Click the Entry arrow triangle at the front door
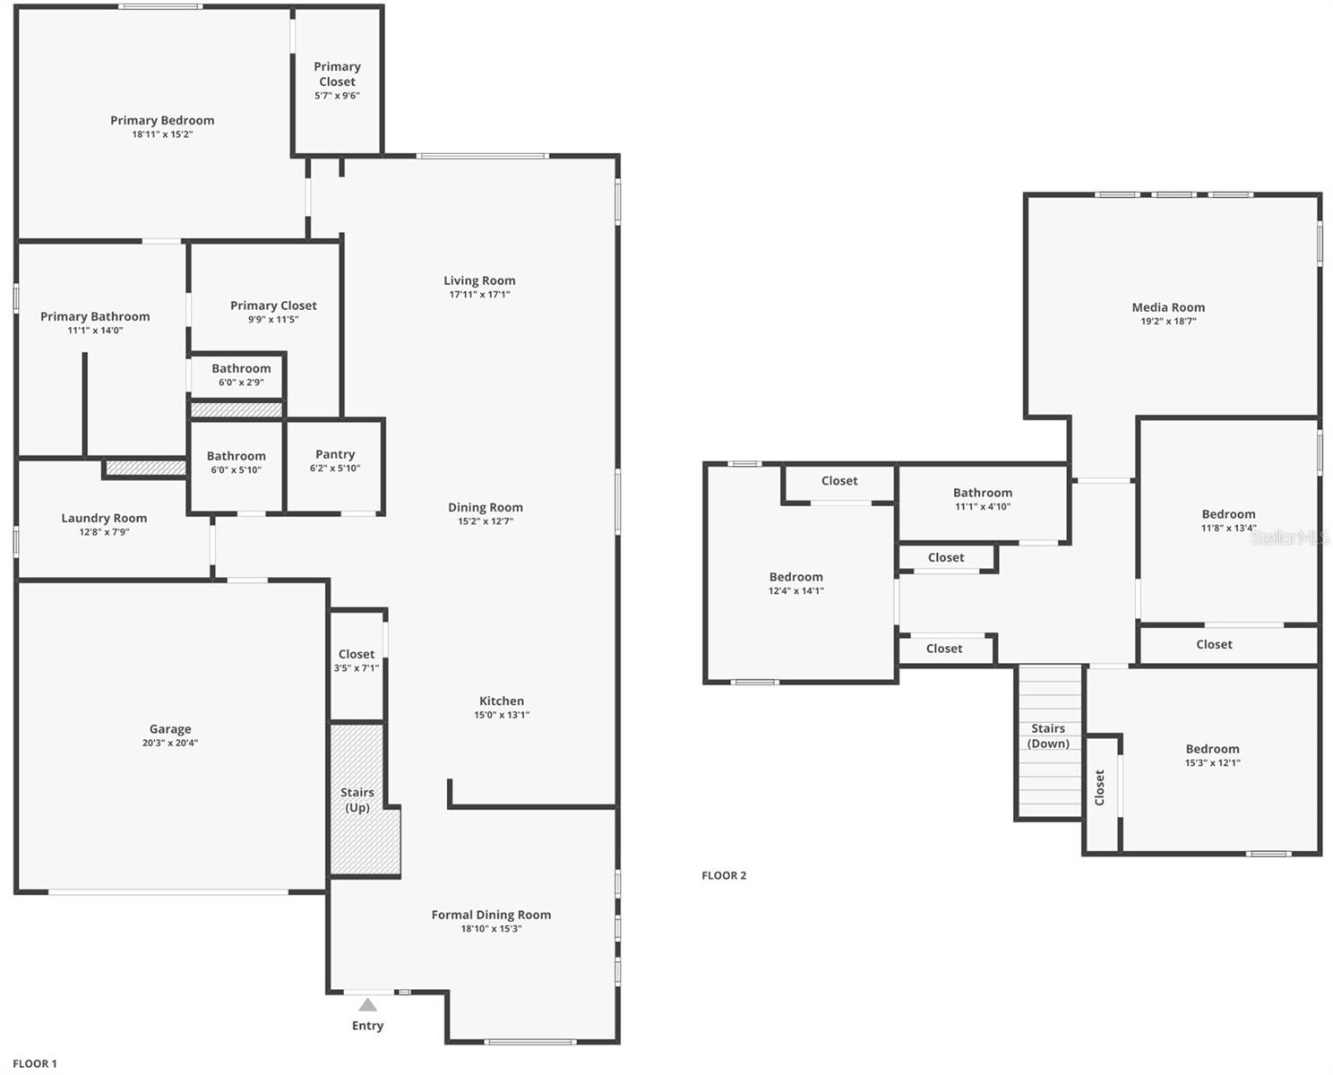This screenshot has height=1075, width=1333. tap(367, 1004)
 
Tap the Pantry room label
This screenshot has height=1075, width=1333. tap(335, 454)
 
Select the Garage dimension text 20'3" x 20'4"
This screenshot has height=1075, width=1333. tap(170, 743)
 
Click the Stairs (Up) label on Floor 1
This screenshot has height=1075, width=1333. tap(357, 800)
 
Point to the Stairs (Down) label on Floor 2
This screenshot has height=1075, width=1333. tap(1048, 735)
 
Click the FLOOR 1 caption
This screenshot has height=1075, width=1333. tap(35, 1063)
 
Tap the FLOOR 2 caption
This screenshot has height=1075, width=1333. tap(724, 875)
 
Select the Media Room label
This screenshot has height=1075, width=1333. tap(1168, 307)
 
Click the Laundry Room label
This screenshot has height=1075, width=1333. tap(104, 518)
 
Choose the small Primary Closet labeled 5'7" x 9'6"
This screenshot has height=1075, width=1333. tap(337, 81)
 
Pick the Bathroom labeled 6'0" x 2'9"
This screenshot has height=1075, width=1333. tap(241, 374)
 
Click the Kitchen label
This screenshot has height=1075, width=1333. tap(502, 701)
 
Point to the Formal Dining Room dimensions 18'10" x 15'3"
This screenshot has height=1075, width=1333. tap(491, 929)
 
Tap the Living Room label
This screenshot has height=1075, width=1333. tap(479, 280)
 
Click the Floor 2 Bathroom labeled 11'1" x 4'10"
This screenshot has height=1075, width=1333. tap(983, 499)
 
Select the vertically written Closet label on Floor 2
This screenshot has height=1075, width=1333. tap(1100, 787)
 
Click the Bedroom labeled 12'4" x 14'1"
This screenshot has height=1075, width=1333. tap(795, 583)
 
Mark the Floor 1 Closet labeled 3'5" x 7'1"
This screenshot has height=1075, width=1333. tap(357, 660)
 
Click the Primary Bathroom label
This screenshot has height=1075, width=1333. tap(95, 316)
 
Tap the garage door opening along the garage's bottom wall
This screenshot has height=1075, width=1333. tap(168, 892)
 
